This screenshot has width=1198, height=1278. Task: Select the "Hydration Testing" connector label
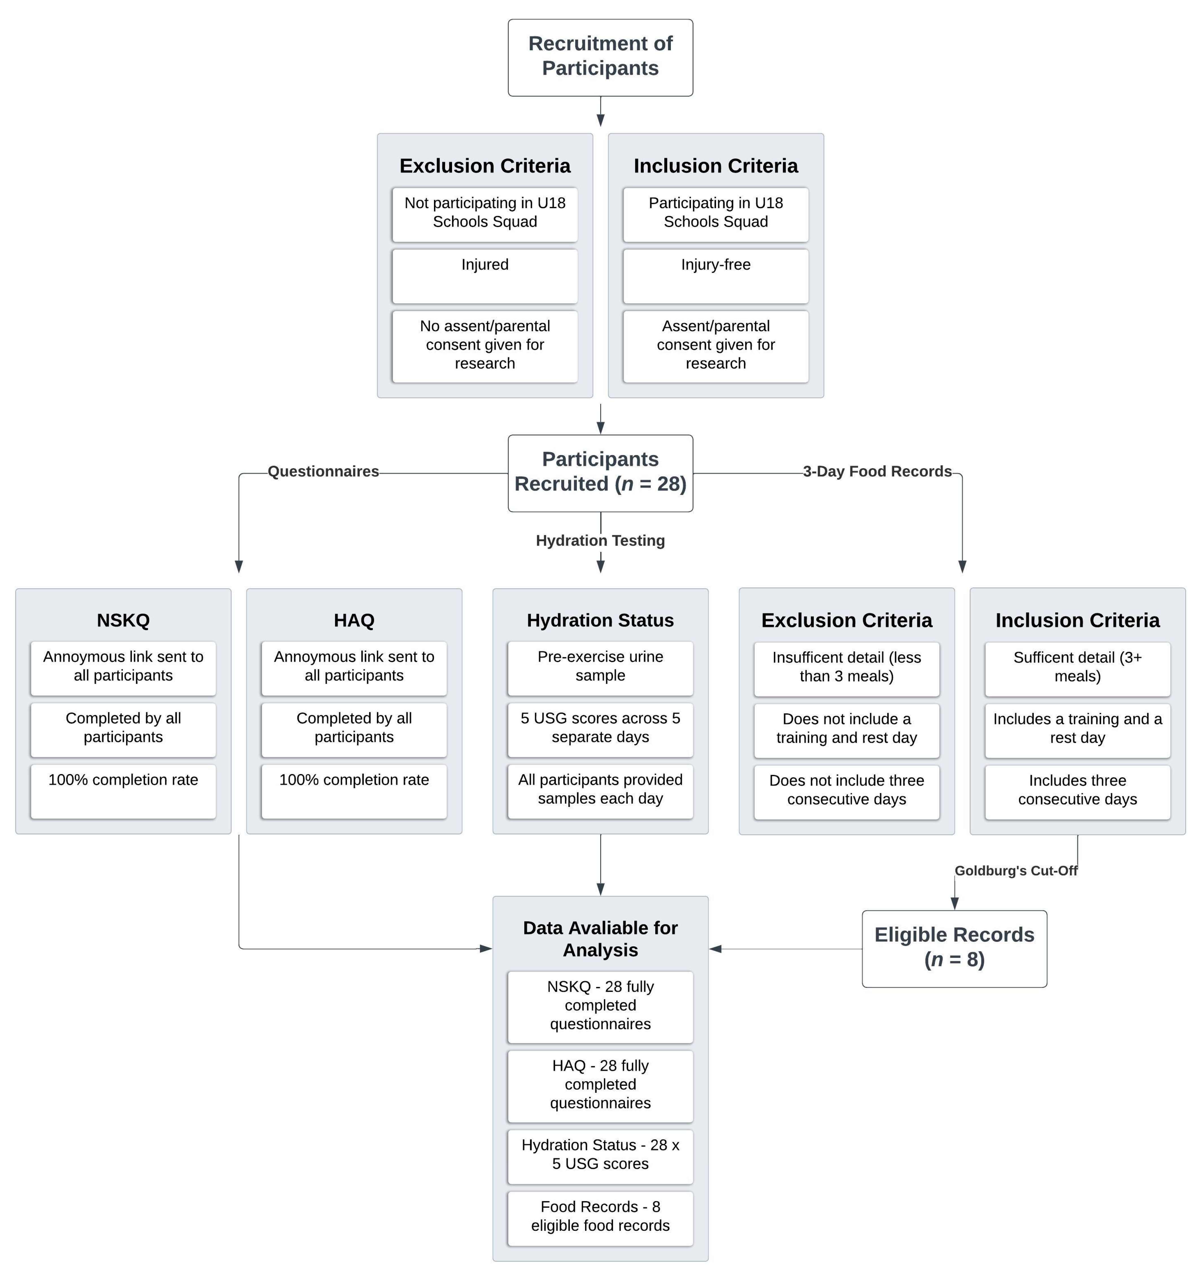(x=600, y=540)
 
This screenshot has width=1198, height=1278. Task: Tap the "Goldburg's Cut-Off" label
(x=1015, y=870)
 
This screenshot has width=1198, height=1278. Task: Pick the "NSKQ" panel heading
(x=123, y=620)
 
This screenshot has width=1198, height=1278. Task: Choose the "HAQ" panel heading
(x=354, y=620)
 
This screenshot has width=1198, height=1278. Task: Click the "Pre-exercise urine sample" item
(x=600, y=667)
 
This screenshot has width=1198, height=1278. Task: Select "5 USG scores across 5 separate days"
(x=600, y=728)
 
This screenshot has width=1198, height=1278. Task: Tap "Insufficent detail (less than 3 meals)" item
(x=846, y=667)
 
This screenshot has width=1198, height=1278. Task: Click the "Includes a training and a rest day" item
(x=1077, y=729)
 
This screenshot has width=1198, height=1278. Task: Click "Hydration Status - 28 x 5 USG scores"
(x=600, y=1155)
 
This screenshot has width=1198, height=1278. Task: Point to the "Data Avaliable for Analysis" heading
(x=600, y=939)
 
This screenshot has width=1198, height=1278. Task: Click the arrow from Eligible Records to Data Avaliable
(x=785, y=948)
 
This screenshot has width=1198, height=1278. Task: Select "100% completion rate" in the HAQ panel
(x=354, y=790)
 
